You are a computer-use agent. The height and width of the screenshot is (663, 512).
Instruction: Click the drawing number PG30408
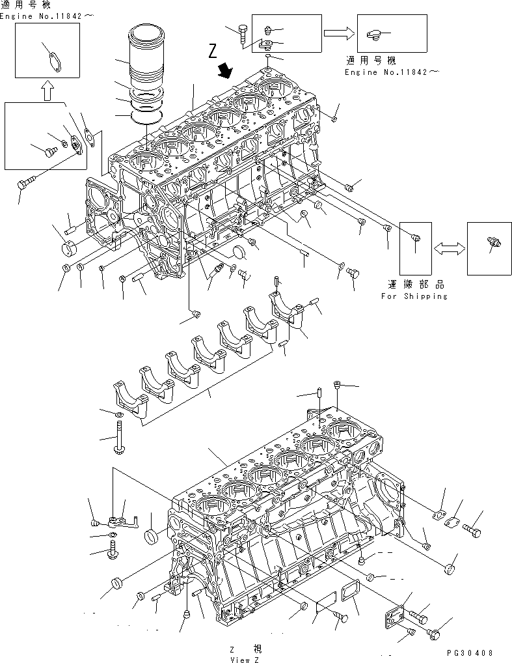pyautogui.click(x=478, y=653)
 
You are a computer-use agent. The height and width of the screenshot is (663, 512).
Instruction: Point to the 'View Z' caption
pyautogui.click(x=239, y=659)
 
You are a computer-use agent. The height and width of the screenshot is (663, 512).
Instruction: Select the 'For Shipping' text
pyautogui.click(x=414, y=296)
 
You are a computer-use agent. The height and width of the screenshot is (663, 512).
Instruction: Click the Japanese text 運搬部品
pyautogui.click(x=414, y=286)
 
